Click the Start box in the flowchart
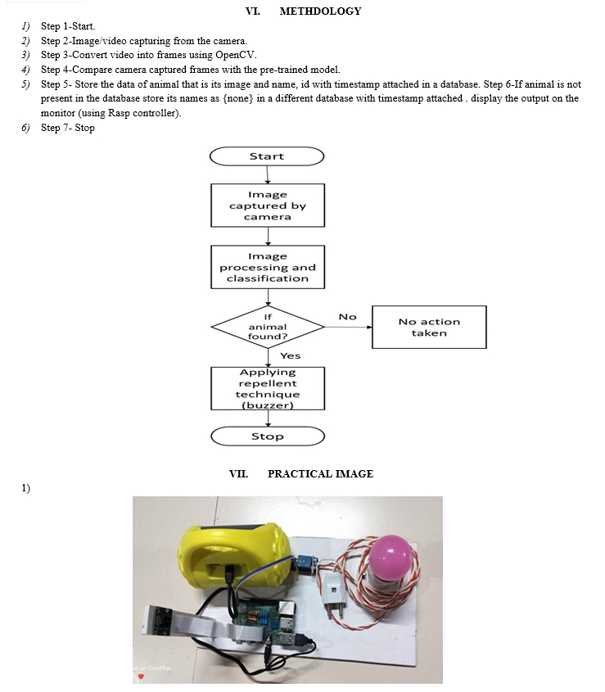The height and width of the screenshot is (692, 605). click(267, 156)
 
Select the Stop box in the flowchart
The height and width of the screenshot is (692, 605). click(267, 436)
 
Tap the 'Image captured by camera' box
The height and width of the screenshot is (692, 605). click(267, 206)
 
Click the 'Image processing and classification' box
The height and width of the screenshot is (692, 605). click(267, 267)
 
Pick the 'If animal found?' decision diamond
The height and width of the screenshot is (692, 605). click(267, 327)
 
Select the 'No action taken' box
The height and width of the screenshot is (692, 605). click(429, 327)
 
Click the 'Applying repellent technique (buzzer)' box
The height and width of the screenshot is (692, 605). click(267, 388)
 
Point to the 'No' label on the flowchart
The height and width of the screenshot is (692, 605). click(348, 316)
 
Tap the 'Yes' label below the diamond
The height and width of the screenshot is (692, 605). click(290, 356)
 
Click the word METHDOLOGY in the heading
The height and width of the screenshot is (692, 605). click(320, 11)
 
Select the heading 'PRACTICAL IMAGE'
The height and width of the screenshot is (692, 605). click(320, 473)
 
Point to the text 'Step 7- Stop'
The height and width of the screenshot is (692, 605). click(68, 129)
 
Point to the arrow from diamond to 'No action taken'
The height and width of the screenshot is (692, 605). click(348, 327)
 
